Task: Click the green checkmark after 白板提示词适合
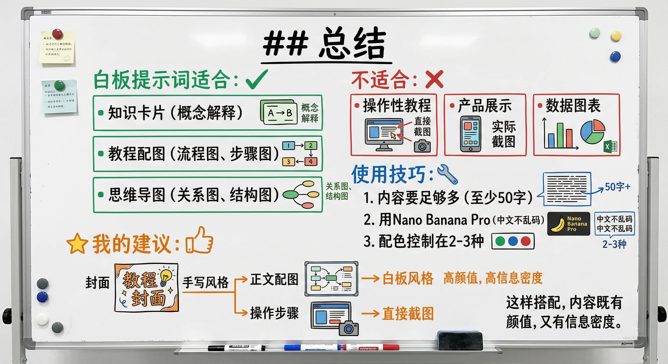pyautogui.click(x=256, y=80)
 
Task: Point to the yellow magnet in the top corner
pyautogui.click(x=616, y=36)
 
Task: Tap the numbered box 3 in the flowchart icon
pyautogui.click(x=288, y=162)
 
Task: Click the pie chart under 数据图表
pyautogui.click(x=593, y=132)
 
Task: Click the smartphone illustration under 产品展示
pyautogui.click(x=470, y=134)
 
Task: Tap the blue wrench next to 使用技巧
pyautogui.click(x=447, y=174)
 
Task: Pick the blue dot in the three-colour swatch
pyautogui.click(x=513, y=241)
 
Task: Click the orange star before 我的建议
pyautogui.click(x=77, y=244)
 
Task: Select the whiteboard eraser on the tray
pyautogui.click(x=460, y=340)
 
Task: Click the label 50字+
pyautogui.click(x=617, y=187)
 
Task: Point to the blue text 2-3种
pyautogui.click(x=614, y=244)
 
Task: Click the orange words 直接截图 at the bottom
pyautogui.click(x=408, y=314)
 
